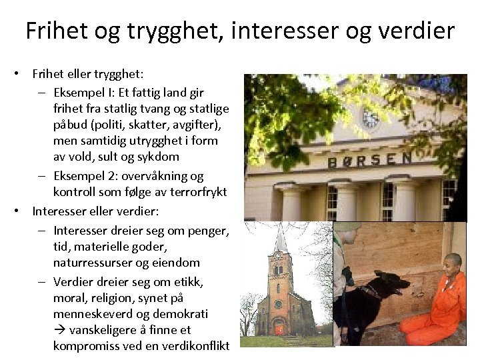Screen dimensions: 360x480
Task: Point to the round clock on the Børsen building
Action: pos(370,119)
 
